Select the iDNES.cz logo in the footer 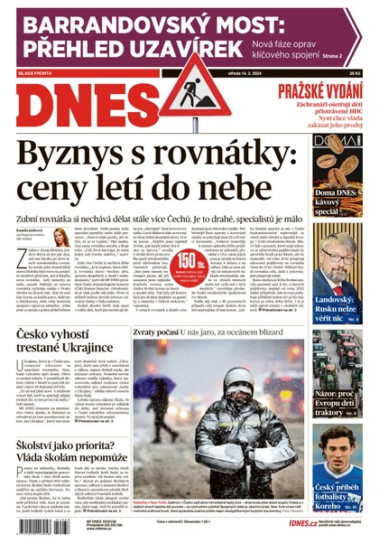coord(277,524)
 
